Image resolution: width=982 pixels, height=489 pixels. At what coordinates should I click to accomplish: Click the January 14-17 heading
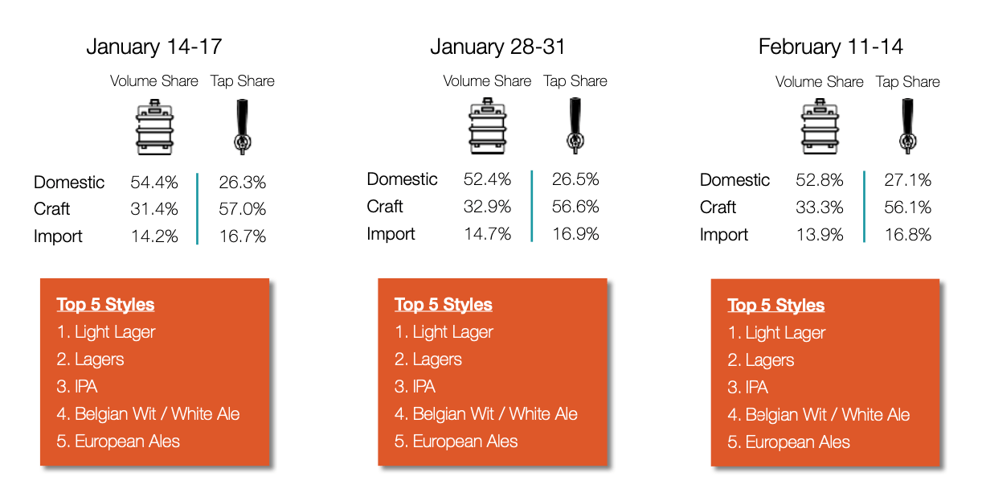coord(153,47)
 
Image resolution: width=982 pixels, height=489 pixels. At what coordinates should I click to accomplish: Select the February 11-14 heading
coord(830,47)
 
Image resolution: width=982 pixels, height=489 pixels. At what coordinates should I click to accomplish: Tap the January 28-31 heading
coord(497,47)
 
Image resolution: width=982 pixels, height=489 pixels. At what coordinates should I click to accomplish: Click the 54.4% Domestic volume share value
coord(153,182)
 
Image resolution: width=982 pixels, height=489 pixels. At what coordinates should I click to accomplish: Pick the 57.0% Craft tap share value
coord(243,209)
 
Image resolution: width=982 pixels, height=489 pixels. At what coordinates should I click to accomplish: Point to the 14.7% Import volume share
coord(487,234)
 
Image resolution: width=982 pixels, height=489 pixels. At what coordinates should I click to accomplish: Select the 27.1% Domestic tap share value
coord(907,180)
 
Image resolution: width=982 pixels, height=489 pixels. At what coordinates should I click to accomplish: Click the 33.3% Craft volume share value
coord(820,207)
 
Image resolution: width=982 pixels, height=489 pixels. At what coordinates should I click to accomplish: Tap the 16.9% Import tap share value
coord(575,234)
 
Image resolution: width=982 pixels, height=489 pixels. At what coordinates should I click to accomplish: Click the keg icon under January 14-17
coord(154,127)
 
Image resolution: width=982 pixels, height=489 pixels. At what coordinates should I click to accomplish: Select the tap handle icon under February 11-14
coord(907,126)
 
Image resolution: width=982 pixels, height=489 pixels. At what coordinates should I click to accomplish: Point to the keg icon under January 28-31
coord(488,125)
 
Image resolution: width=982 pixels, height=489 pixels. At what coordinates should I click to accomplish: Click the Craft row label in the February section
coord(718,207)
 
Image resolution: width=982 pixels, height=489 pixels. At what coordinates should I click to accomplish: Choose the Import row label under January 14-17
coord(58,236)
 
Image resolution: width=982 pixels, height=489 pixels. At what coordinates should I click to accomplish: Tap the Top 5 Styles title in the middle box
coord(444,304)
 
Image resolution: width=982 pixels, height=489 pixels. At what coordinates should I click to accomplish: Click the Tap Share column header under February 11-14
coord(907,81)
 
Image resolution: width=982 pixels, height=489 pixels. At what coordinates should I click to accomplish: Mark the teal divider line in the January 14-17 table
coord(197,209)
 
